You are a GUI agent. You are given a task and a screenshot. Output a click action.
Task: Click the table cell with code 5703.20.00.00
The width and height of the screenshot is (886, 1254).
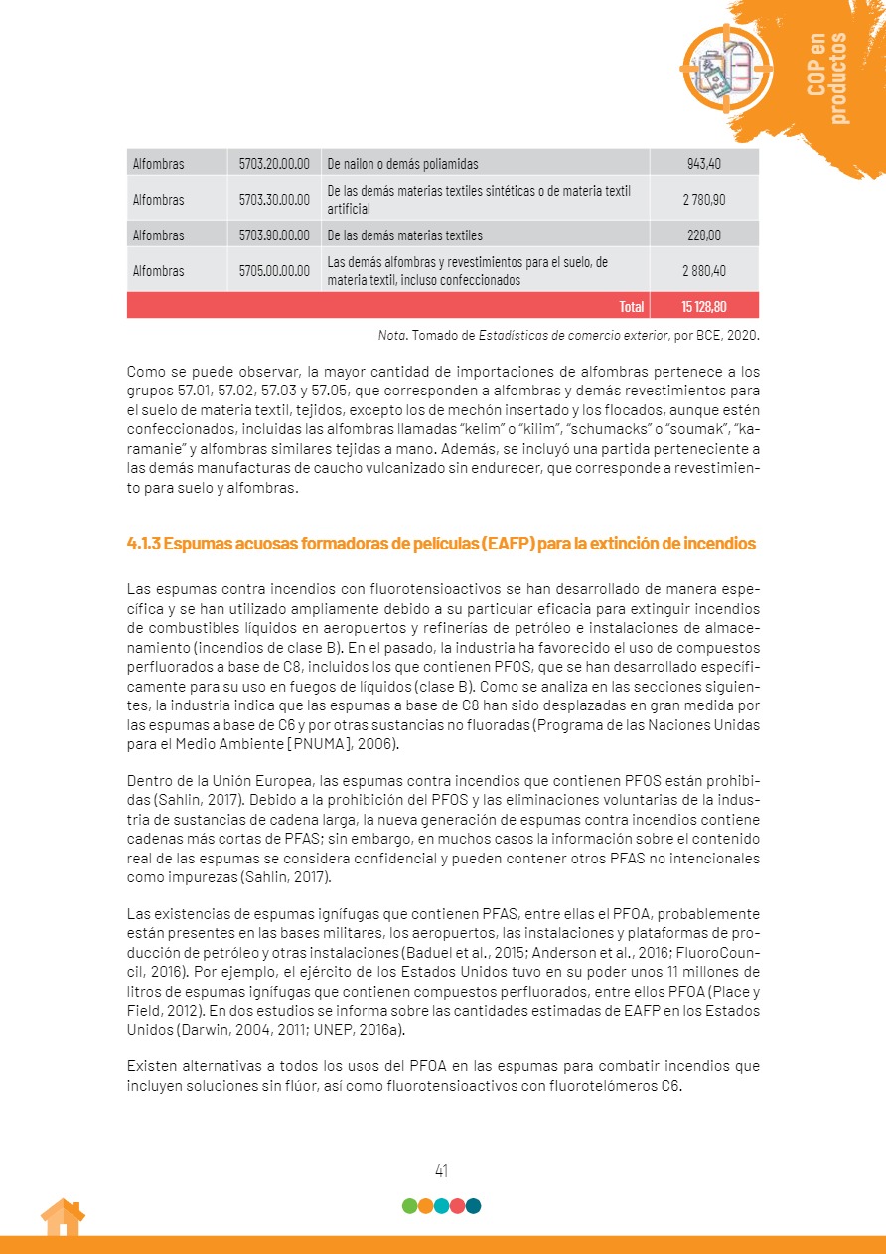tap(274, 164)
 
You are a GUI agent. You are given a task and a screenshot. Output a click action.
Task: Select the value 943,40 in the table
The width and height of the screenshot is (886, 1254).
tap(703, 164)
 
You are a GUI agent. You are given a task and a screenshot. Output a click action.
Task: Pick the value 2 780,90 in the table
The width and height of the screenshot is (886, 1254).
tap(703, 200)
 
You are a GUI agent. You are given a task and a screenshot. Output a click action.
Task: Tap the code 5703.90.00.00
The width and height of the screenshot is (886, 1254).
tap(274, 235)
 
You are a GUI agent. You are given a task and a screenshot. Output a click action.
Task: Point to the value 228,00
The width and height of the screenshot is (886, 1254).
tap(703, 235)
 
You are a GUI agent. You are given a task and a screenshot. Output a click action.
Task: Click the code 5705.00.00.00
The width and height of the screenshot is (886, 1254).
tap(274, 271)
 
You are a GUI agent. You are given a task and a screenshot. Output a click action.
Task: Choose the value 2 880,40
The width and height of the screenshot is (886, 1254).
tap(703, 271)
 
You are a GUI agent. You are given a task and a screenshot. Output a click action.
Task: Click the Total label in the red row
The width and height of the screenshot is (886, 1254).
tap(631, 306)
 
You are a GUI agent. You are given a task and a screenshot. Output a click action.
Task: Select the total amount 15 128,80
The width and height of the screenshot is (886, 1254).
tap(703, 306)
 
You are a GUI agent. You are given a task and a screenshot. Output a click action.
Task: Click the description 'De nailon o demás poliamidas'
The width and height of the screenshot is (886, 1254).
tap(402, 164)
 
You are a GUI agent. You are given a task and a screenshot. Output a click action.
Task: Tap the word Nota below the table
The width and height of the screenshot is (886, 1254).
tap(391, 335)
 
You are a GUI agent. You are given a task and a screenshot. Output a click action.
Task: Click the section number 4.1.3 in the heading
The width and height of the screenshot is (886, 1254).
tap(144, 544)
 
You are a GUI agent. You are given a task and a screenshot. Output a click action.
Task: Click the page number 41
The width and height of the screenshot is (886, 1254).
tap(442, 1170)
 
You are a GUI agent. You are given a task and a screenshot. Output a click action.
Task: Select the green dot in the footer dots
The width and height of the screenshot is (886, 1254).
tap(409, 1206)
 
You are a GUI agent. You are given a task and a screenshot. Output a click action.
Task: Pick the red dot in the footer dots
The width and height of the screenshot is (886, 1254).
tap(457, 1206)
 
